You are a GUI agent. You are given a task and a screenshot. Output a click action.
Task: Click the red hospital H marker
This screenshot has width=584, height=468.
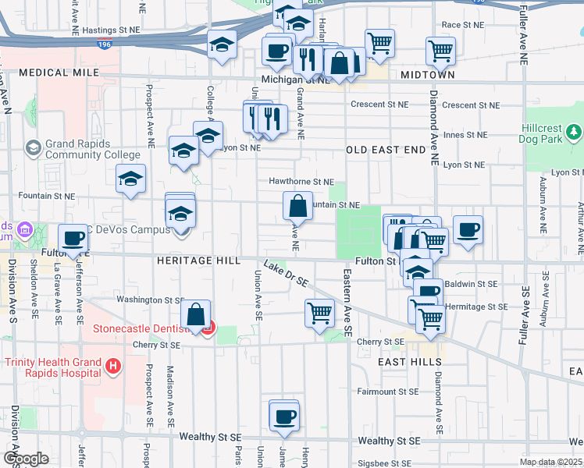point(113,365)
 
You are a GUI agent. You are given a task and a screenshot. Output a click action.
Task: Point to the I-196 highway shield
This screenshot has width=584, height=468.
point(104,44)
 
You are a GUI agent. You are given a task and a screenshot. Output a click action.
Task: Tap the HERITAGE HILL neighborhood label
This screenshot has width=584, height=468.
point(198,261)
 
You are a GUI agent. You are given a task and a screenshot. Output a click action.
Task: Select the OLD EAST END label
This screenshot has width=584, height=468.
point(386,149)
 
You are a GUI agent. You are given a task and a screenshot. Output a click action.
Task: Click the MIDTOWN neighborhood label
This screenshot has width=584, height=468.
point(427,75)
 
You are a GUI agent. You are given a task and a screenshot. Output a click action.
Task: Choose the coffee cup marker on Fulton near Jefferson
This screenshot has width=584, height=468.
point(73,239)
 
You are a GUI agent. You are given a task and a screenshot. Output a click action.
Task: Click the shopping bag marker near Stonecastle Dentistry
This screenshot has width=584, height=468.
point(196,316)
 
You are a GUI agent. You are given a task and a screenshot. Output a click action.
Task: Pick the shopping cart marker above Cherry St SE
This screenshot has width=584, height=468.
point(320,314)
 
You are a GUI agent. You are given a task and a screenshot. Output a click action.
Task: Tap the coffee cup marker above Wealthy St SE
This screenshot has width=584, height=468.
point(284,415)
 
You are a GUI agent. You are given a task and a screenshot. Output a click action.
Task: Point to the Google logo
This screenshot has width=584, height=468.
point(26,459)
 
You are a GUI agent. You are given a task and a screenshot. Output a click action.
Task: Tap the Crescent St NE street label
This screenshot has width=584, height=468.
point(379,104)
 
